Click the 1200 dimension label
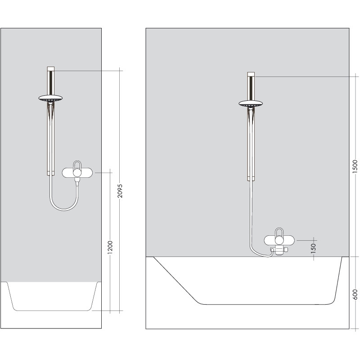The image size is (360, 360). click(x=110, y=247)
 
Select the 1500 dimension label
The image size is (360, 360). click(x=355, y=166)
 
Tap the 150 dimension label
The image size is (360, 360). click(x=313, y=248)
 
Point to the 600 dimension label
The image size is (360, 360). click(x=355, y=295)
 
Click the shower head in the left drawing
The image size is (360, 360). click(x=50, y=98)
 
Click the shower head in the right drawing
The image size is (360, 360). click(x=251, y=103)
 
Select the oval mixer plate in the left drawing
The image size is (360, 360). click(x=77, y=173)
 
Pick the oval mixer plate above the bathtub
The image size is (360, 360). click(x=279, y=240)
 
